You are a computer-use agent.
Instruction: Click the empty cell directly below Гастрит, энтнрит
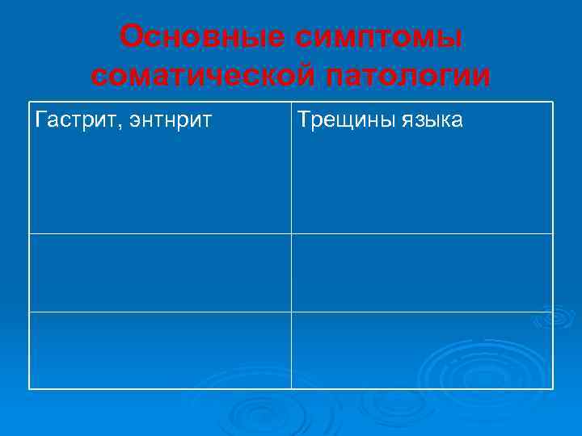pos(160,272)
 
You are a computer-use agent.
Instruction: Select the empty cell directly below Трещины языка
pos(422,272)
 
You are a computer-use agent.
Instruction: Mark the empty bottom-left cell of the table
pos(160,350)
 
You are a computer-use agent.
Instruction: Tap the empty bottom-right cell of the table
pos(422,350)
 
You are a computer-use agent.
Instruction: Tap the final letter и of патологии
pos(481,77)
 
